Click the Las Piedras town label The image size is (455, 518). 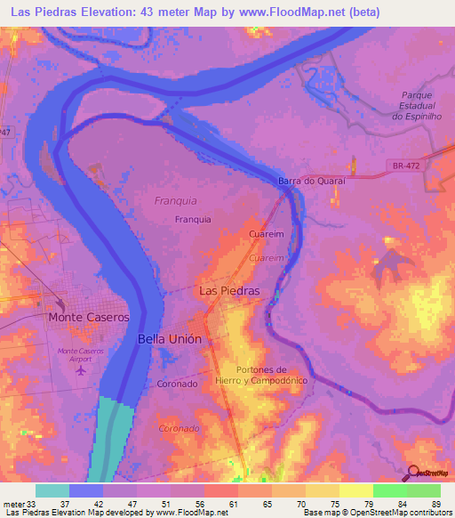(229, 290)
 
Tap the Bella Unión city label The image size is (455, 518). (171, 339)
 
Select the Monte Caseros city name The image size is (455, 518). (89, 317)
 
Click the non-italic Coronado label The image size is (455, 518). (176, 384)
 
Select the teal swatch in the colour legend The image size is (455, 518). (52, 490)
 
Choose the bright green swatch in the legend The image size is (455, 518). (389, 490)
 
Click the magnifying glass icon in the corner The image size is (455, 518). (415, 473)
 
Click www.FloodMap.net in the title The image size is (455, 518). (275, 12)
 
